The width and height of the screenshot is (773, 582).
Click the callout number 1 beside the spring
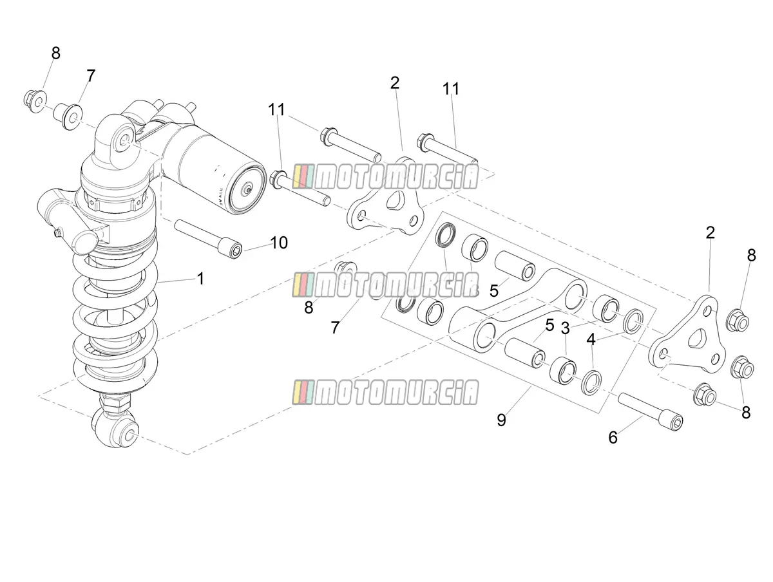(200, 279)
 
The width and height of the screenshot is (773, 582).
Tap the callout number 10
(279, 243)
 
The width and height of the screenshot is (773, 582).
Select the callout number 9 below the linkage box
(501, 420)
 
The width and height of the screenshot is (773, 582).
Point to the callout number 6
(613, 437)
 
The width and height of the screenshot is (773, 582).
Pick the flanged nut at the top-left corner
(36, 101)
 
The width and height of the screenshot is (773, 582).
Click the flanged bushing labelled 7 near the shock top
(69, 115)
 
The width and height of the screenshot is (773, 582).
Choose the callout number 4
(591, 339)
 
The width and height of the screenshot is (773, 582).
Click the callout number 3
(565, 328)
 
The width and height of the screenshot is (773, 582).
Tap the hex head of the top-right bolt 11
(424, 143)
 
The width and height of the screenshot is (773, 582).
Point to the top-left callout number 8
(55, 53)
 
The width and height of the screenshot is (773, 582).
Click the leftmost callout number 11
(276, 110)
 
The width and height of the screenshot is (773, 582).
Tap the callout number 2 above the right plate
(711, 232)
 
